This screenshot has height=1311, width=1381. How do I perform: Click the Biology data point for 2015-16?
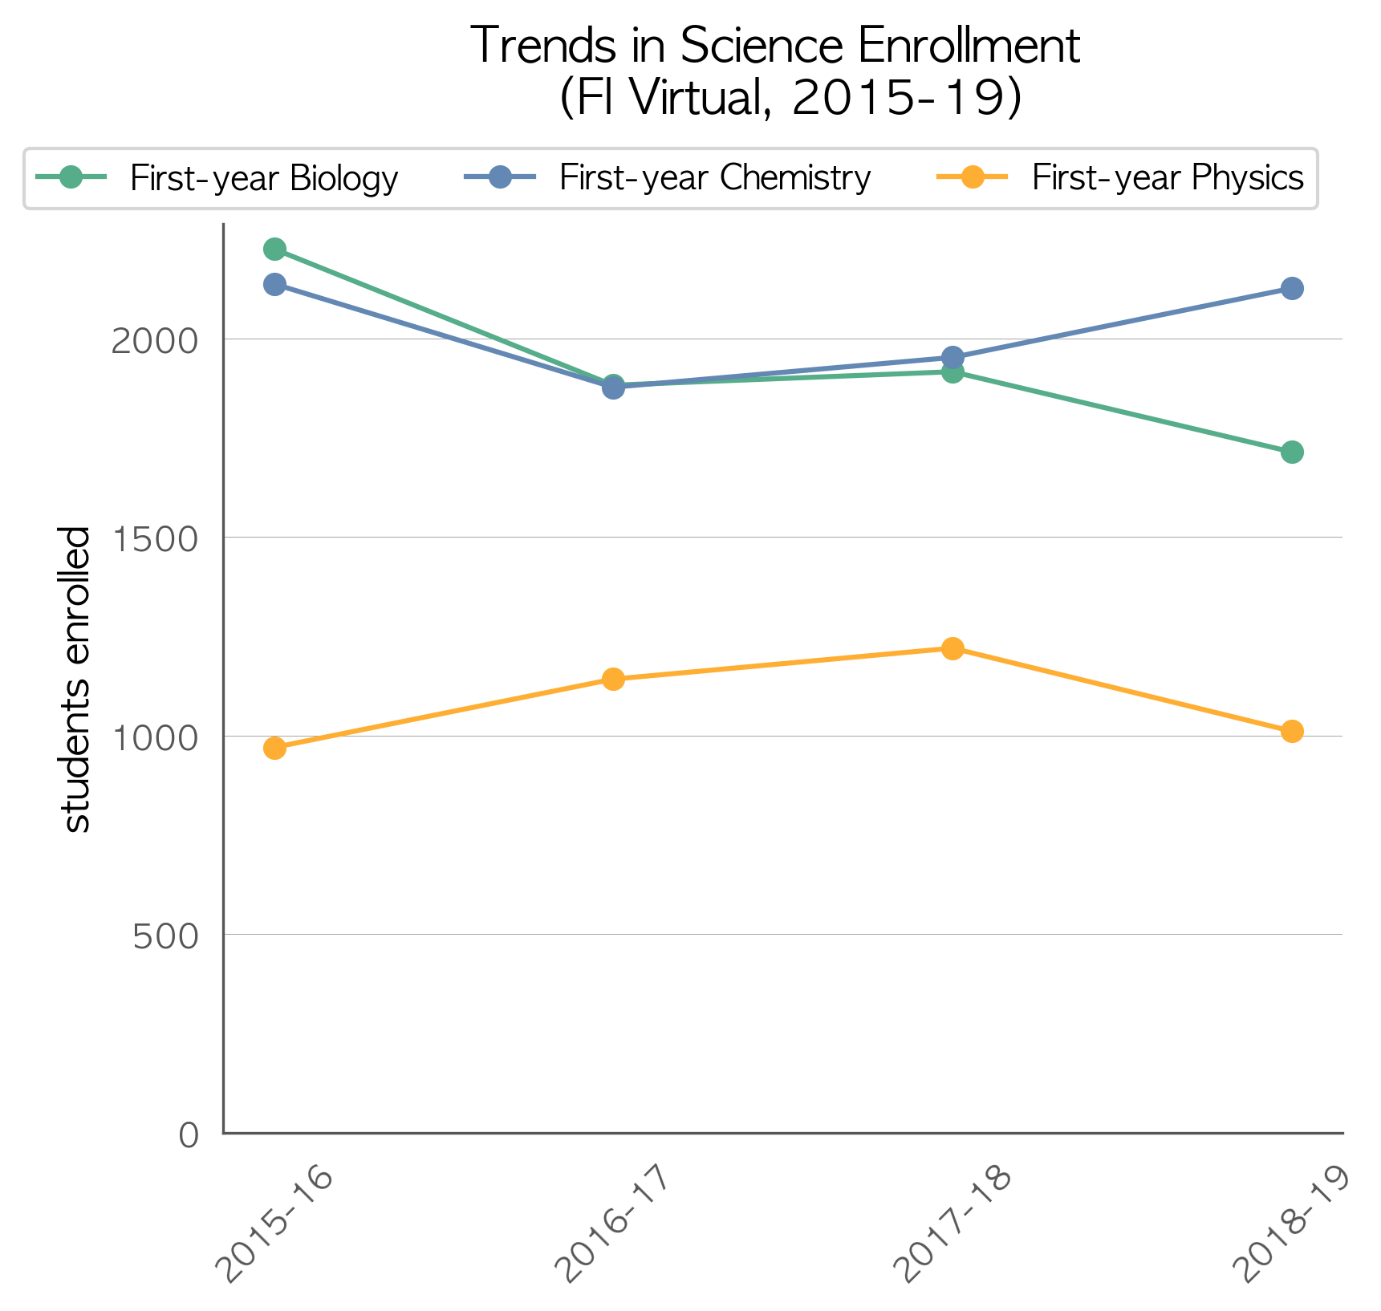click(x=274, y=250)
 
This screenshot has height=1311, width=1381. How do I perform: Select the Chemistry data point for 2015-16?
click(x=274, y=285)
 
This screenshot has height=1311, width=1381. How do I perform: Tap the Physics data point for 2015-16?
click(x=274, y=749)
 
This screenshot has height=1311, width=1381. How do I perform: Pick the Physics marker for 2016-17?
click(x=613, y=680)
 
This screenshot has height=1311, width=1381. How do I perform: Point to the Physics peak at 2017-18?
click(x=952, y=649)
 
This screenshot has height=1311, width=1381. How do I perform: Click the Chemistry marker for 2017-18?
click(x=952, y=358)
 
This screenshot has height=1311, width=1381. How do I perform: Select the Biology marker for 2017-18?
click(x=952, y=372)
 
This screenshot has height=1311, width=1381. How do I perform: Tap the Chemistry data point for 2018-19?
click(x=1292, y=289)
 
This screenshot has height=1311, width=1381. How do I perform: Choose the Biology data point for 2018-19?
click(x=1292, y=453)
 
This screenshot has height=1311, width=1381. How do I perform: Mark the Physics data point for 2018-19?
click(x=1292, y=732)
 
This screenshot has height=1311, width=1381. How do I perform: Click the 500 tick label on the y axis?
click(x=165, y=936)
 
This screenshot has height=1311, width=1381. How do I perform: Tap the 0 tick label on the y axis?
click(x=189, y=1134)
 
